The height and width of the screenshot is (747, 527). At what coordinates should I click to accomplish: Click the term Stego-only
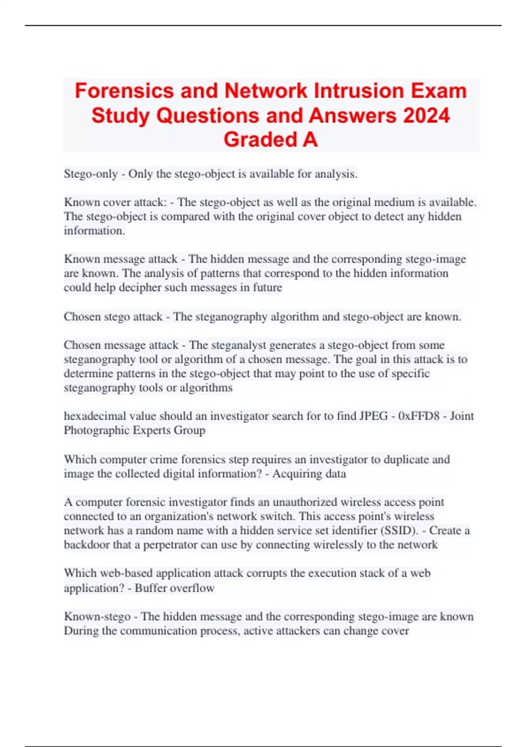point(90,174)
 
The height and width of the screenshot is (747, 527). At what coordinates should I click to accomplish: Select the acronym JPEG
point(373,416)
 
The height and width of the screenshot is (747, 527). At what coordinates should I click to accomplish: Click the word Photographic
point(97,430)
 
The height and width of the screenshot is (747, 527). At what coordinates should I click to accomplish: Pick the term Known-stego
point(97,616)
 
